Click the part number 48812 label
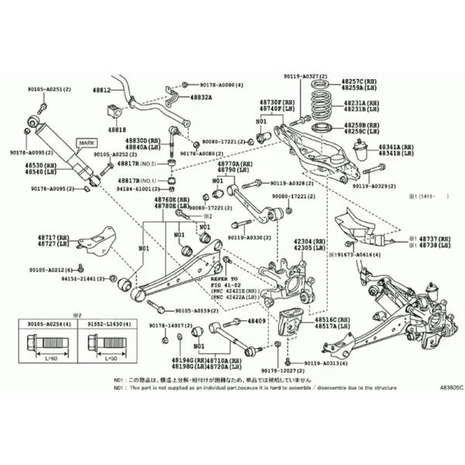click(x=102, y=91)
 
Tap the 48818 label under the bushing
click(x=117, y=129)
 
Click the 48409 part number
click(x=257, y=321)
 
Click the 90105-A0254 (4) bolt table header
click(x=45, y=322)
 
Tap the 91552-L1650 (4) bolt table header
click(x=108, y=322)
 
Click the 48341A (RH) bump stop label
click(x=395, y=146)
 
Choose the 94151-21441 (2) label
click(x=81, y=277)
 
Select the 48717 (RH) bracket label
click(x=52, y=238)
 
